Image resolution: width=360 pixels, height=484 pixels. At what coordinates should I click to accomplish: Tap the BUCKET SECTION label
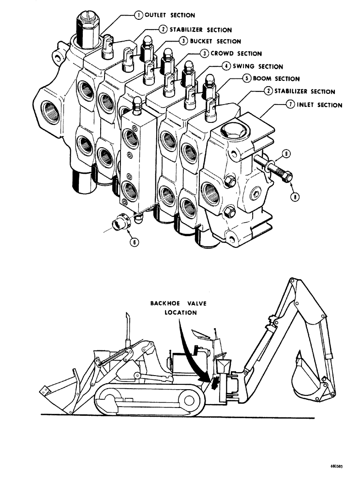pos(215,41)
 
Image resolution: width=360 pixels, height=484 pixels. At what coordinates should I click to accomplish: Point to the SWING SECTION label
pos(258,66)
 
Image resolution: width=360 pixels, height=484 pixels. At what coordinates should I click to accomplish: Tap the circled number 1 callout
pos(138,15)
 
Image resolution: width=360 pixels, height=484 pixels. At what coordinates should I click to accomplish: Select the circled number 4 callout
pos(226,66)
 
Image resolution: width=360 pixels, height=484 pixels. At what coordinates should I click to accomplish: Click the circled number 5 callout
pos(247,78)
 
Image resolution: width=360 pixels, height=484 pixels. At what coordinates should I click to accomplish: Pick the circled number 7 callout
pos(289,105)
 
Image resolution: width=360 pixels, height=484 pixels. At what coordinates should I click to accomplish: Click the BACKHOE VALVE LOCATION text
pos(174,307)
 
